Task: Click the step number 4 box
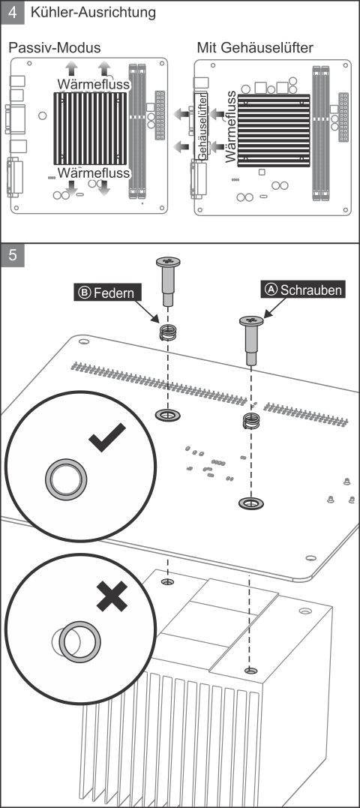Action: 13,12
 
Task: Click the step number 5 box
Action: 13,255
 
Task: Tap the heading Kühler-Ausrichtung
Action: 93,12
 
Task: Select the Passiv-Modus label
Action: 54,48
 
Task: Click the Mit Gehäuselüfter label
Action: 255,48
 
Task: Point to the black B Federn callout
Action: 107,293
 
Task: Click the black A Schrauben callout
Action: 303,290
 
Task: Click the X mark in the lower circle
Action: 112,596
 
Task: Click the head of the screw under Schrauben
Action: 251,321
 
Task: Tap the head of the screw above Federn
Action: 168,261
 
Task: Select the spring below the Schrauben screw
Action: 250,421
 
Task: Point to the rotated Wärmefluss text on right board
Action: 231,127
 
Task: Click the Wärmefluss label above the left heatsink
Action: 94,84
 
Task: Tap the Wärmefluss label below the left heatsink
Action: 94,172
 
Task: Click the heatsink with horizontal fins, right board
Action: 274,131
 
